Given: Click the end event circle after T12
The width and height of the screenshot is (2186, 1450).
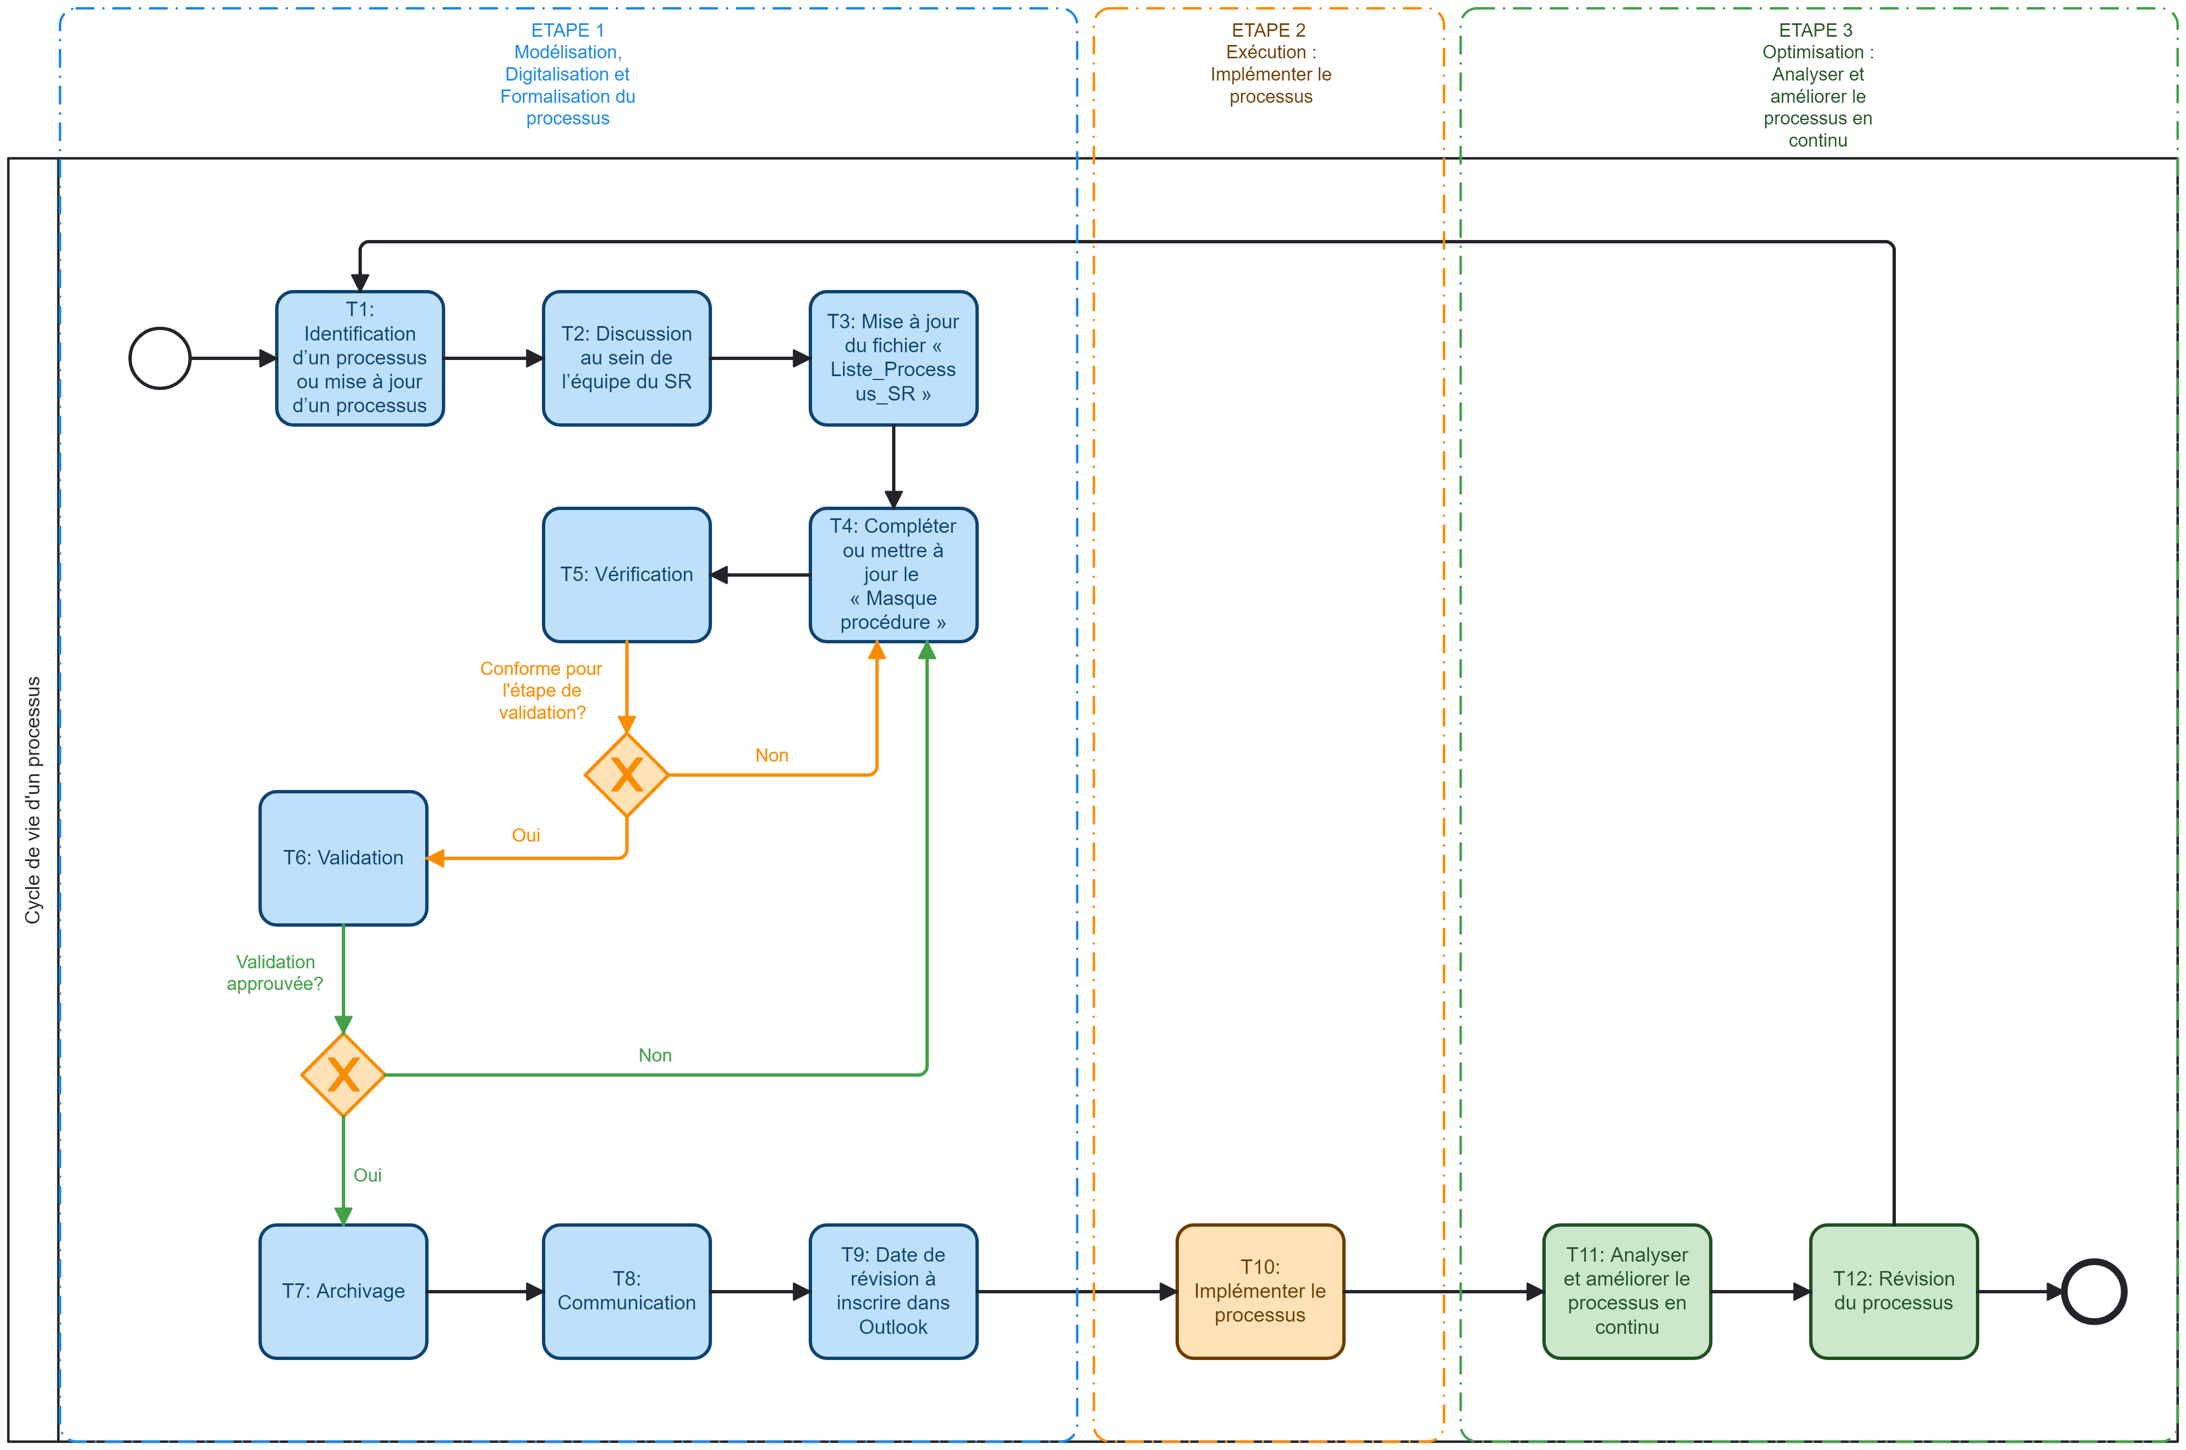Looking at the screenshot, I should click(2094, 1291).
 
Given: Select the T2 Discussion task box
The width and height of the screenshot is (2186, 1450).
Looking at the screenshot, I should click(626, 358).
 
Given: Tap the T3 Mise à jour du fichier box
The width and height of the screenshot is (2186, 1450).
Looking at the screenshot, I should click(893, 358).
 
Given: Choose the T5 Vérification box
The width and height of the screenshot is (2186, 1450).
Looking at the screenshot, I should click(626, 574).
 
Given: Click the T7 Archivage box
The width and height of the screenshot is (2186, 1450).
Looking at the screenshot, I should click(343, 1291).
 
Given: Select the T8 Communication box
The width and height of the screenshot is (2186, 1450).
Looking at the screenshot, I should click(626, 1291).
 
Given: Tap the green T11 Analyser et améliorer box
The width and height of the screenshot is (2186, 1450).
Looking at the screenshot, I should click(1626, 1291).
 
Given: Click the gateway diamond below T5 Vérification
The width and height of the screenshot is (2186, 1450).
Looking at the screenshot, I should click(626, 775).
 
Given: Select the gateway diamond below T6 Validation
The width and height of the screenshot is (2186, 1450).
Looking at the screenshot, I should click(343, 1074).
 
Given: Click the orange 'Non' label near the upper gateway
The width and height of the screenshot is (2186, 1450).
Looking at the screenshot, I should click(771, 756).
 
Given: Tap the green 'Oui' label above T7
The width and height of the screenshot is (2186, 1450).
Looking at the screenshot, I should click(367, 1176).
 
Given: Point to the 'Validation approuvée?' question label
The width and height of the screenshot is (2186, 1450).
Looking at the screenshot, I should click(275, 973).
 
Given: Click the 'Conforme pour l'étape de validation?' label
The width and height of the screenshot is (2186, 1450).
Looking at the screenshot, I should click(541, 690).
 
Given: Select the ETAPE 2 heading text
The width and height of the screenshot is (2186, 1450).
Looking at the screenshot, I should click(1269, 63).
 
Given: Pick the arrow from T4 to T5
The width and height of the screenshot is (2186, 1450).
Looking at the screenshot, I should click(759, 575).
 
